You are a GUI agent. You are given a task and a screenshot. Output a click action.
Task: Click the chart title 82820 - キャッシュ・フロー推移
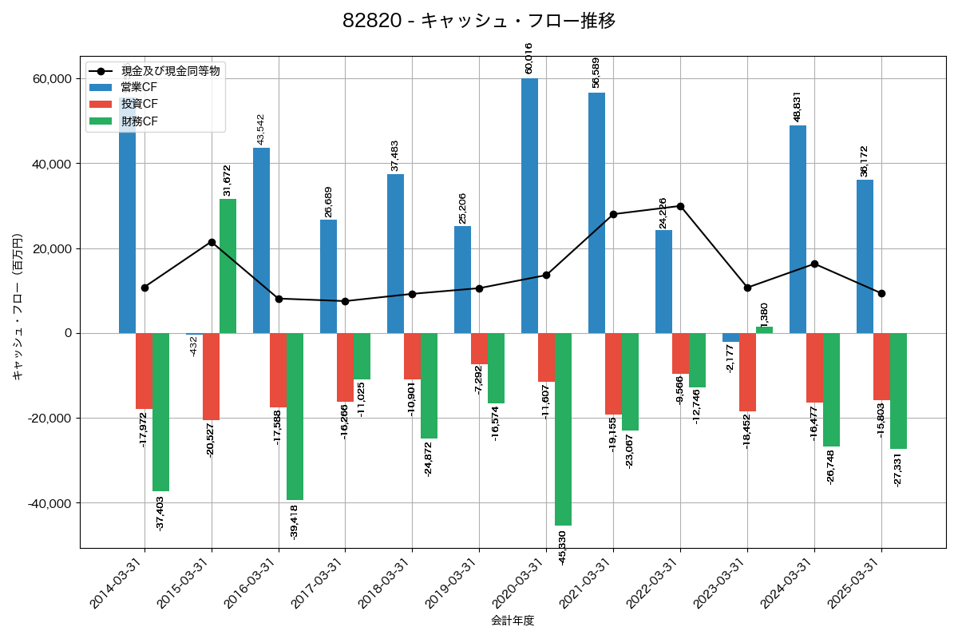(479, 21)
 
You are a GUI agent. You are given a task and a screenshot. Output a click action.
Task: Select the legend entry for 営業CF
(139, 87)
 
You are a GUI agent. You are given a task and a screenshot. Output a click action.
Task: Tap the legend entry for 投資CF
(139, 104)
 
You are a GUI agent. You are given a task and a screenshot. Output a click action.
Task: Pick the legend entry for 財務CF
(139, 121)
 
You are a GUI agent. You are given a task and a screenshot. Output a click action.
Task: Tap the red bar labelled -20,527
(211, 376)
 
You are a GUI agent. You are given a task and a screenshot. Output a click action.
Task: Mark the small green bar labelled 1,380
(764, 330)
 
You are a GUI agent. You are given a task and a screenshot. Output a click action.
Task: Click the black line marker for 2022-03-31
(680, 206)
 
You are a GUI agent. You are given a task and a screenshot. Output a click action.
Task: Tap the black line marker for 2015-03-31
(212, 242)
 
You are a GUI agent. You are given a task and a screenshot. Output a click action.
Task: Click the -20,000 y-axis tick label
(49, 419)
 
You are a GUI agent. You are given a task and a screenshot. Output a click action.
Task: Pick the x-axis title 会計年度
(513, 621)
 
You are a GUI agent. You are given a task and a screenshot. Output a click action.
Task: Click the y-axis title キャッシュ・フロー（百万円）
(18, 307)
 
